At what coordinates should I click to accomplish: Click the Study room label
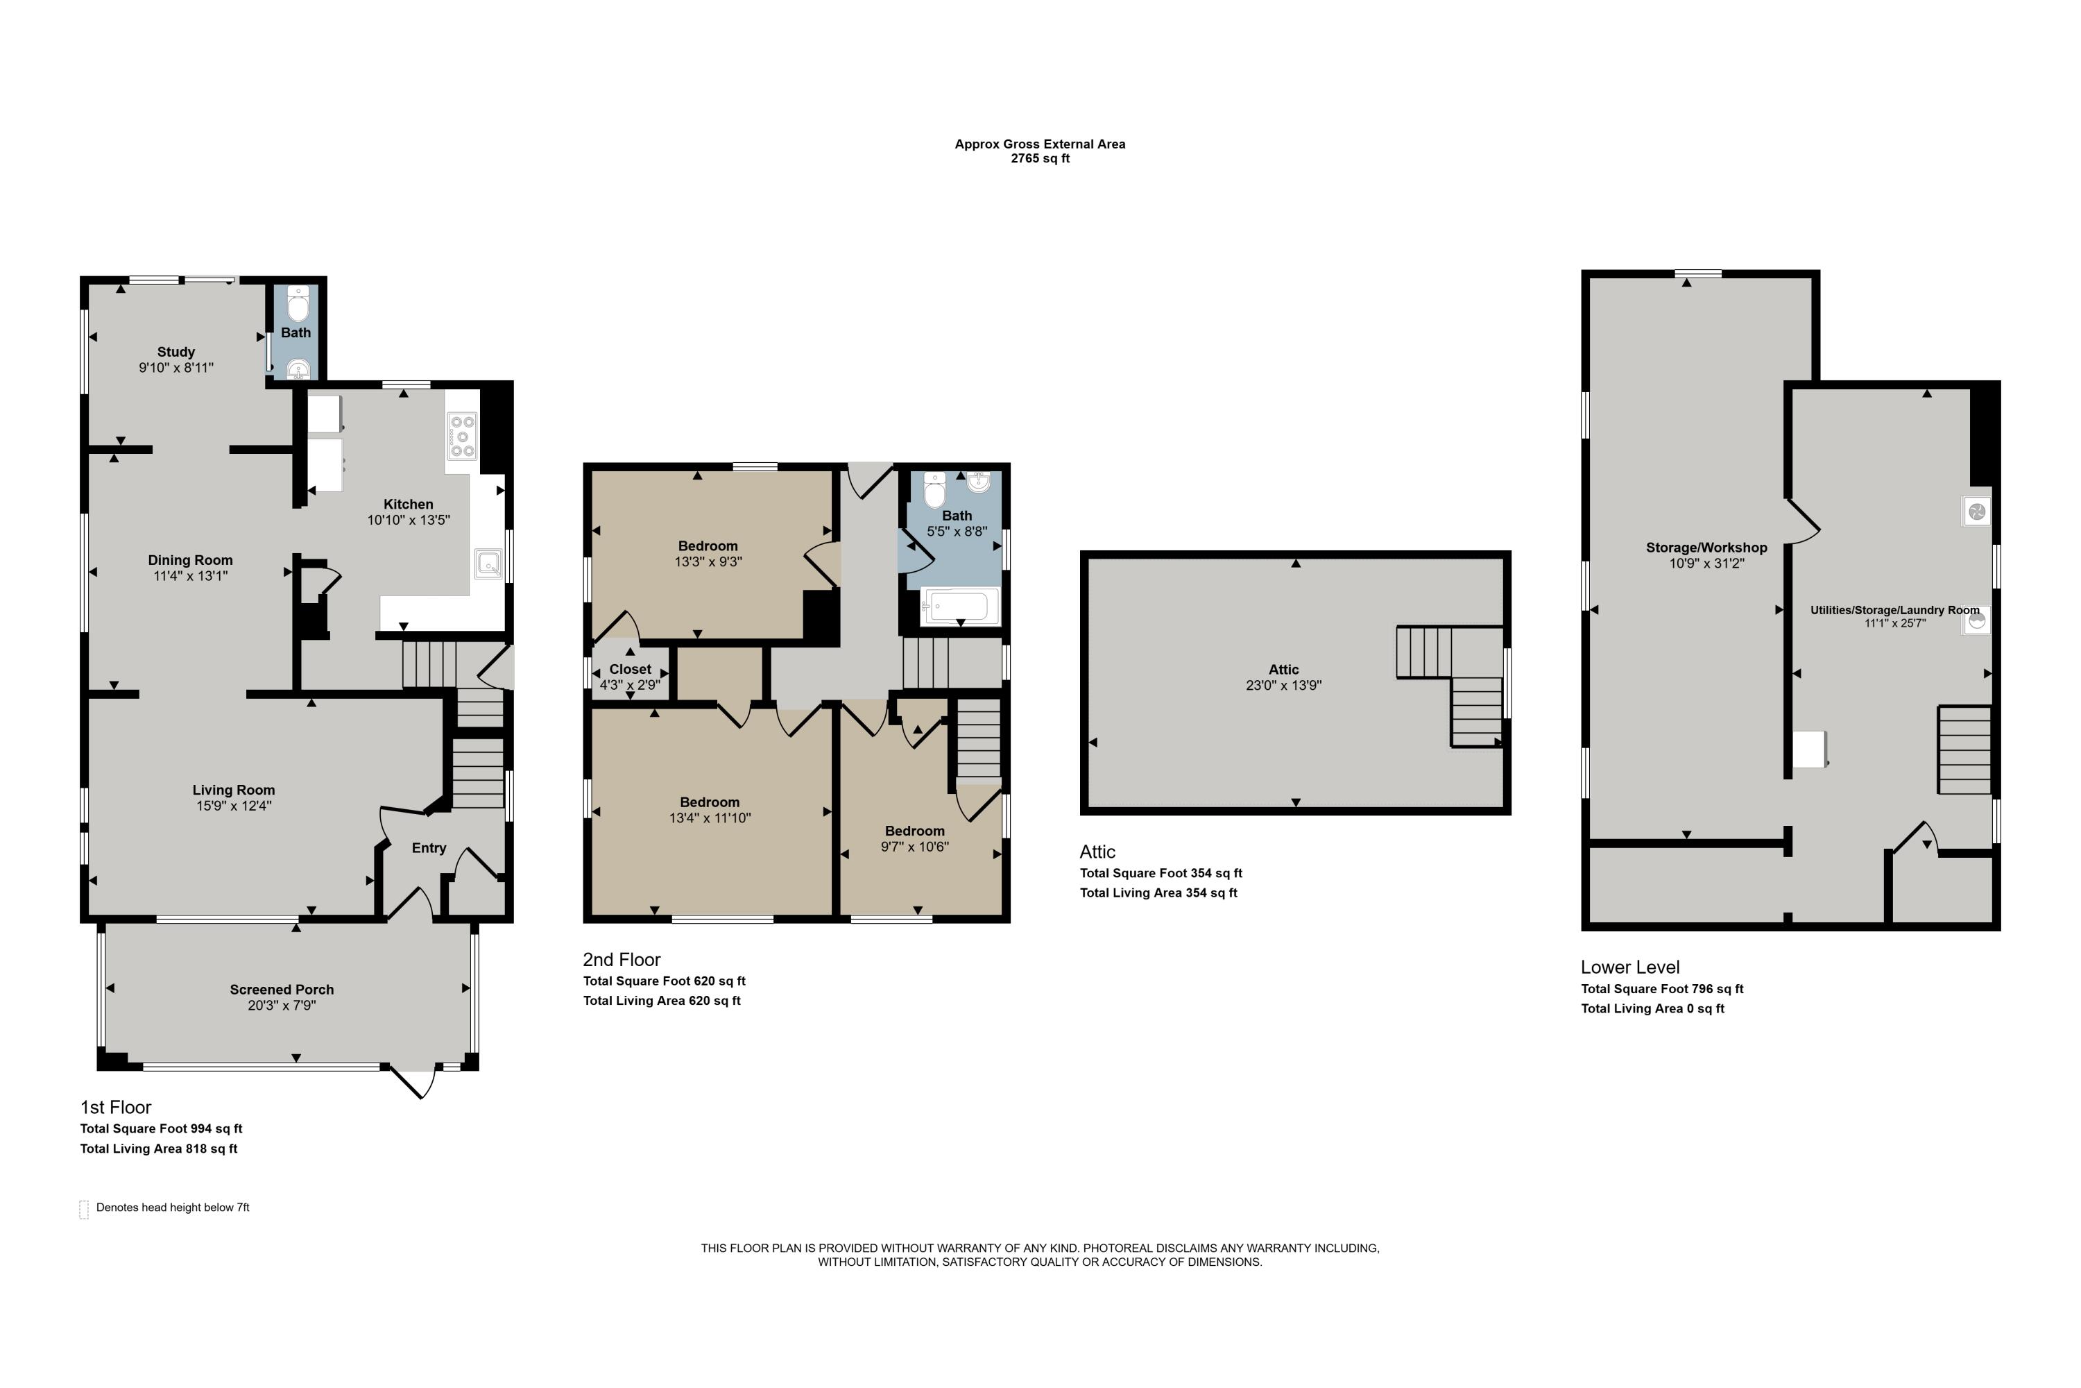coord(176,351)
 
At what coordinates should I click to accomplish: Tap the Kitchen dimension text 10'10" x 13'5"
coord(409,520)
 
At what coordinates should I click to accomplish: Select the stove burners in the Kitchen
coord(462,437)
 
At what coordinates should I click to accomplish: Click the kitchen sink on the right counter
coord(488,564)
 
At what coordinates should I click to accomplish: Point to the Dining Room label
coord(190,559)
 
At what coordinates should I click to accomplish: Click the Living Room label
coord(234,790)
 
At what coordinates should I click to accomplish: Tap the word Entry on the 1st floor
coord(429,848)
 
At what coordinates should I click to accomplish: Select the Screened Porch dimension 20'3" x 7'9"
coord(282,1006)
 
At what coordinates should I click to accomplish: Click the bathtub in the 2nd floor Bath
coord(960,607)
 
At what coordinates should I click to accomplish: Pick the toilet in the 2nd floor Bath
coord(934,489)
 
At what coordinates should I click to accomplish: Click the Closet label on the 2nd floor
coord(630,669)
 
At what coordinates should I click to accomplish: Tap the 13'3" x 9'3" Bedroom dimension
coord(708,561)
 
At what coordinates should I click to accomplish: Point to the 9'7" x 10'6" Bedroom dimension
coord(915,846)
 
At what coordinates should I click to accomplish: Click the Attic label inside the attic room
coord(1284,669)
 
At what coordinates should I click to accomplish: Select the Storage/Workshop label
coord(1706,547)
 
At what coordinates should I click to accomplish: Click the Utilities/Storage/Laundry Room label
coord(1895,610)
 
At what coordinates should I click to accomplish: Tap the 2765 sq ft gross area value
coord(1040,158)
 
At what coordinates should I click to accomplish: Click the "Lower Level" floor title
coord(1629,967)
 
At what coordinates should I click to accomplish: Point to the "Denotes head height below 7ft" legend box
coord(84,1209)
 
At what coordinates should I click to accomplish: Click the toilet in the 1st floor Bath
coord(298,305)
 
